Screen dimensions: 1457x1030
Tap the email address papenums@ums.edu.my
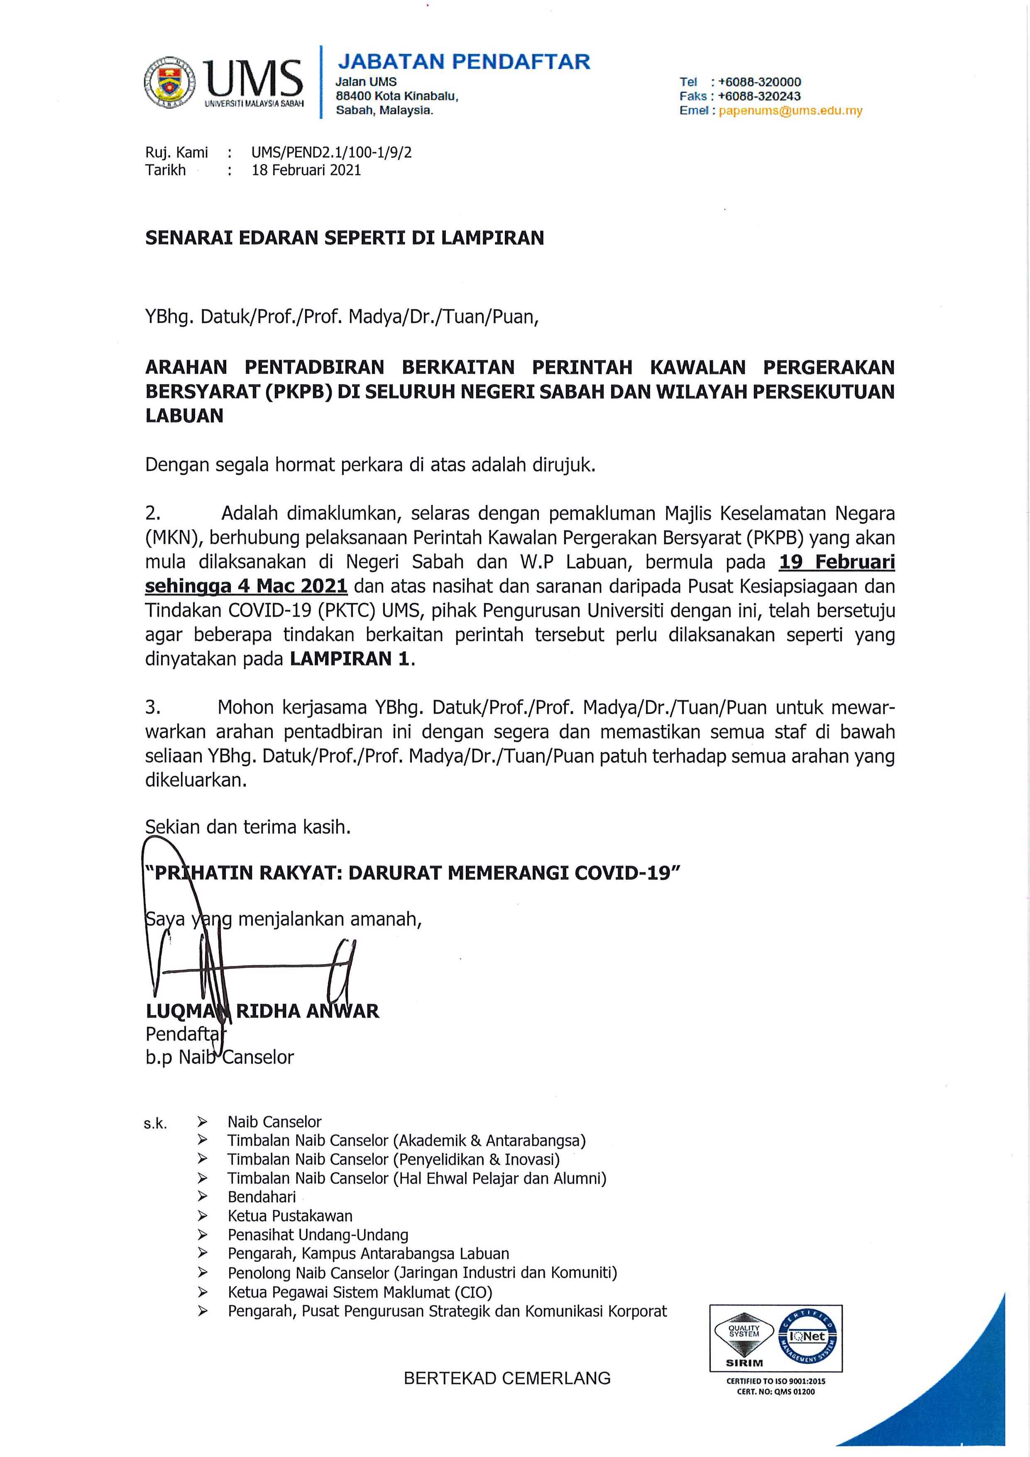pyautogui.click(x=790, y=110)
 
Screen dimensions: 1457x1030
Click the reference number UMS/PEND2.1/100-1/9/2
pyautogui.click(x=331, y=152)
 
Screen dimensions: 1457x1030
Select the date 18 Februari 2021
pyautogui.click(x=306, y=170)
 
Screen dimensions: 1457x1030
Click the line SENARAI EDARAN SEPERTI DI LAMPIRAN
pyautogui.click(x=345, y=238)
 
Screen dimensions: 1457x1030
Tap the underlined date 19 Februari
pyautogui.click(x=837, y=562)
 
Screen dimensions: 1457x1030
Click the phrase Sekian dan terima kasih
pyautogui.click(x=248, y=827)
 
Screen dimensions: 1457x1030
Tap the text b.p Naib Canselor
pyautogui.click(x=220, y=1057)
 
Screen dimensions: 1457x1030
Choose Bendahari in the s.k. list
pyautogui.click(x=261, y=1197)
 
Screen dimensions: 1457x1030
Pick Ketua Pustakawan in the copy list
pyautogui.click(x=290, y=1216)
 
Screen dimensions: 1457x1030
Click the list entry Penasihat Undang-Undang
pyautogui.click(x=318, y=1235)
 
